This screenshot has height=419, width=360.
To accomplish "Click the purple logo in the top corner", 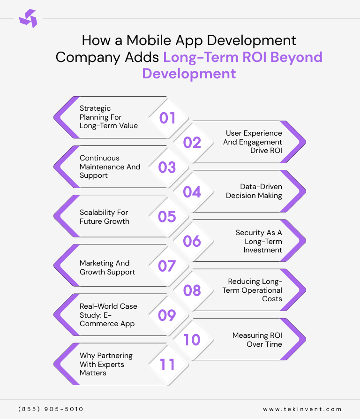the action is pyautogui.click(x=28, y=18).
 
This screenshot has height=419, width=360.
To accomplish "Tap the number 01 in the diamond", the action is pyautogui.click(x=167, y=118).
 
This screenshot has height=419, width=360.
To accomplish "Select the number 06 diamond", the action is pyautogui.click(x=192, y=241).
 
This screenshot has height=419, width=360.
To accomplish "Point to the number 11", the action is pyautogui.click(x=167, y=365).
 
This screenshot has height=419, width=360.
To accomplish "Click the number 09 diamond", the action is pyautogui.click(x=167, y=315).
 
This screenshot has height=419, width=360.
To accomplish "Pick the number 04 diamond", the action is pyautogui.click(x=192, y=192).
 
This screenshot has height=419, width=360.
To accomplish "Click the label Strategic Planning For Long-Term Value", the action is pyautogui.click(x=108, y=117).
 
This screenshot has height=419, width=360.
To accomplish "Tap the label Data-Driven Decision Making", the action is pyautogui.click(x=254, y=191).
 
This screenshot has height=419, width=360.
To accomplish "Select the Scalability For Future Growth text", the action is pyautogui.click(x=104, y=217).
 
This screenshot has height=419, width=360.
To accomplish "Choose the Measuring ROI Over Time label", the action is pyautogui.click(x=257, y=340).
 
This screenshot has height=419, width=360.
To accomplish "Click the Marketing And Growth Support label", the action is pyautogui.click(x=107, y=267).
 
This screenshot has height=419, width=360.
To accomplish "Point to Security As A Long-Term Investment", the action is pyautogui.click(x=259, y=241).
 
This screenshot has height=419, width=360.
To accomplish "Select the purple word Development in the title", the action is pyautogui.click(x=189, y=74).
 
